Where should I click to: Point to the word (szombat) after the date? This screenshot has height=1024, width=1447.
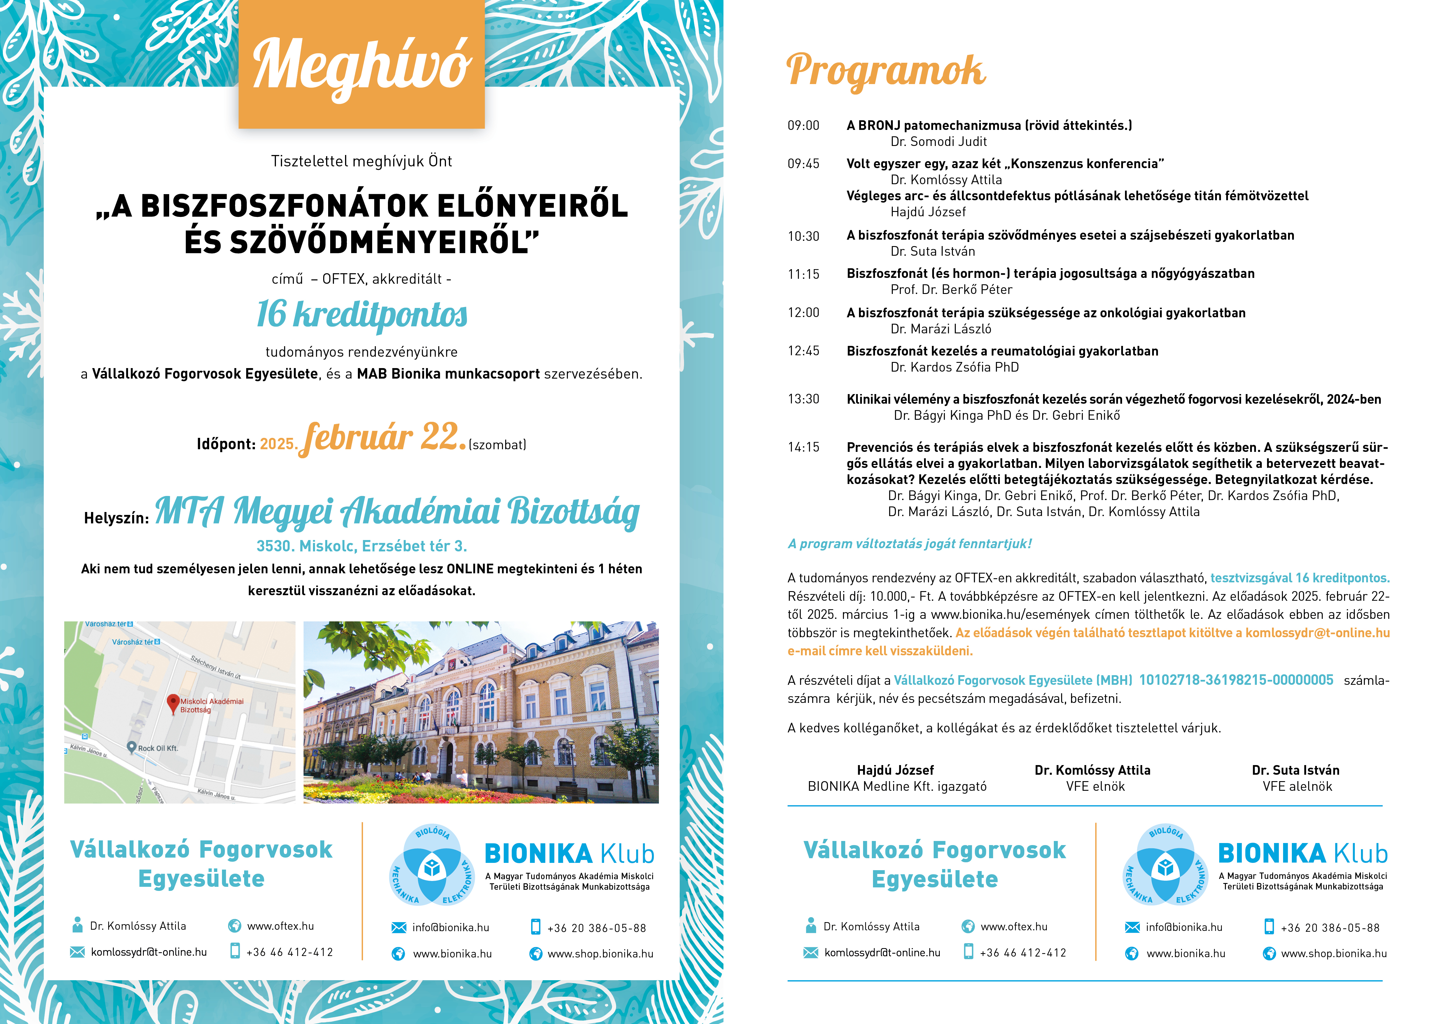[497, 445]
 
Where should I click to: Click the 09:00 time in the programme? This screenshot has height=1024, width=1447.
[804, 126]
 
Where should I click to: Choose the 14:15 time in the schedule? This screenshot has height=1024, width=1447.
[804, 447]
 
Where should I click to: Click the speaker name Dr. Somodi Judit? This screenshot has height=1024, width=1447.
[938, 142]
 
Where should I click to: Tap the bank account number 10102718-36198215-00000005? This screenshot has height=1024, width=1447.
[1236, 680]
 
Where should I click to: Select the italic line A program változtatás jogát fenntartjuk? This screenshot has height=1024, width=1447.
[909, 544]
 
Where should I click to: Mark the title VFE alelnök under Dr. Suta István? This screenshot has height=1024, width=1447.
[1297, 786]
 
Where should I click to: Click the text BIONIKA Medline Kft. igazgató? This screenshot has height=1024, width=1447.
[897, 786]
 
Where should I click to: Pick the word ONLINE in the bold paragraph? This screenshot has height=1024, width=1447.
[470, 569]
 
